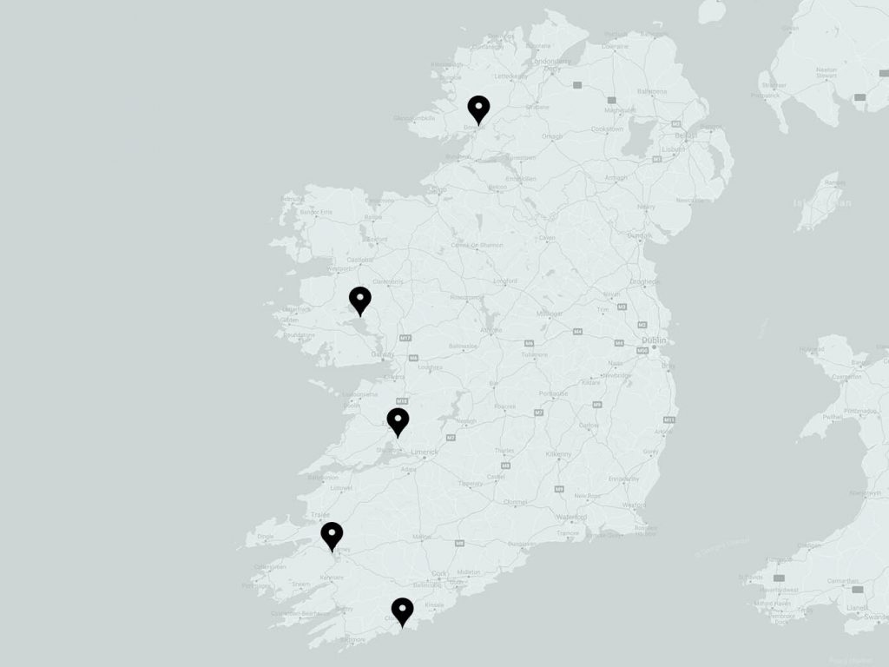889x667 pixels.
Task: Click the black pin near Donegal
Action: point(478,109)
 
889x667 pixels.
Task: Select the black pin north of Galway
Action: point(360,300)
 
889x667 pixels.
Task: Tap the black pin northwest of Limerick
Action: point(398,422)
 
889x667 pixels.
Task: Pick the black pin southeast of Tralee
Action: point(332,536)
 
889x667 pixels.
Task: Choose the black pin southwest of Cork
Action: point(402,611)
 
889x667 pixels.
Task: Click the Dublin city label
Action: point(653,340)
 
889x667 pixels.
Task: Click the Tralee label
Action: point(319,514)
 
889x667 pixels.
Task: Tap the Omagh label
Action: point(552,135)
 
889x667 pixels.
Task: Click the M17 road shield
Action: point(405,337)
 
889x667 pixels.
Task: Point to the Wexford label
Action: point(635,504)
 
